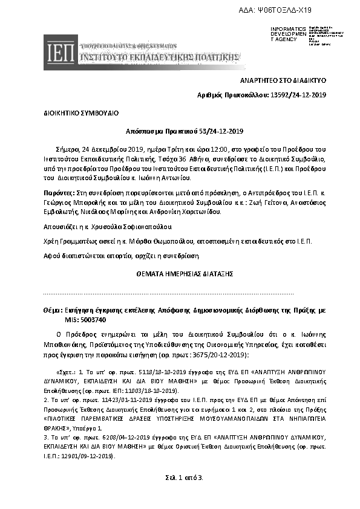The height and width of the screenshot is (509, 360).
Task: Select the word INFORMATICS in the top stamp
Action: [x=289, y=28]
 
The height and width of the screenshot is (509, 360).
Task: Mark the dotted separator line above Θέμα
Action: [x=169, y=293]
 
